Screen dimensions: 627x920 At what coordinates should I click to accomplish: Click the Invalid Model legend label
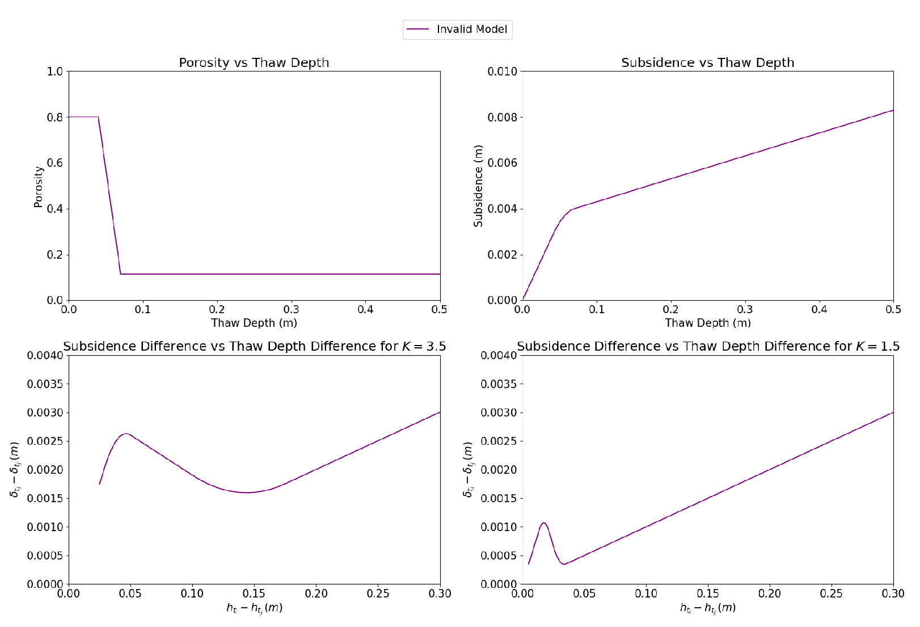click(x=471, y=30)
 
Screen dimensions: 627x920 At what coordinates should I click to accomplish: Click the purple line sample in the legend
click(x=418, y=30)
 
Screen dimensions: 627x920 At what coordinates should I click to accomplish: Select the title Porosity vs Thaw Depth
click(x=254, y=62)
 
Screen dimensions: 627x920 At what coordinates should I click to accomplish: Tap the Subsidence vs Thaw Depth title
click(x=707, y=62)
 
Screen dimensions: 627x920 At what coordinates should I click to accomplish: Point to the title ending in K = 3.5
click(x=254, y=346)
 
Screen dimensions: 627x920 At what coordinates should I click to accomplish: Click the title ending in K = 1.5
click(x=708, y=346)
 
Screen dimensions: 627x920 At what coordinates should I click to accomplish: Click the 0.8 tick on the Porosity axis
click(x=55, y=117)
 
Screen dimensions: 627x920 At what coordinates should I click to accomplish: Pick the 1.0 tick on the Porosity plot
click(x=55, y=71)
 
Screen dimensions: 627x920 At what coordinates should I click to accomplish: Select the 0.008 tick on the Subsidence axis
click(x=503, y=117)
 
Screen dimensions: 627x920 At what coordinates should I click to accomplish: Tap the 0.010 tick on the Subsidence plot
click(x=503, y=71)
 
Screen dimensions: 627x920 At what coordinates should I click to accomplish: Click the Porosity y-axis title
click(x=39, y=187)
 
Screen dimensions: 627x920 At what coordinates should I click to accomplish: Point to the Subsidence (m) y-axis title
click(x=479, y=186)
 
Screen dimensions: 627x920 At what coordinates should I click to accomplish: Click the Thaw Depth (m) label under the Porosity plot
click(x=254, y=323)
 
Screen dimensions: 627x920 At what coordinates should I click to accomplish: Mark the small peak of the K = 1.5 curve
click(x=543, y=523)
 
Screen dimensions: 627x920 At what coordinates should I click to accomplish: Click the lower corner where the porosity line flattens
click(x=121, y=274)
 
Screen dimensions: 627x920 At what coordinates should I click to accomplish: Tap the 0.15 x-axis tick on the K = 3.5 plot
click(x=254, y=594)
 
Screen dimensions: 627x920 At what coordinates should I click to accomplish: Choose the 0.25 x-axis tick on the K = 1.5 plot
click(x=832, y=594)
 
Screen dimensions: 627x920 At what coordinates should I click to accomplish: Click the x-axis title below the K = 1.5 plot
click(x=708, y=608)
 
